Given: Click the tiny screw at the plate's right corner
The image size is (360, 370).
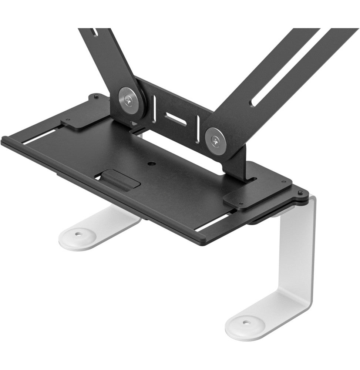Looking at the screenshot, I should coord(300,192).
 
